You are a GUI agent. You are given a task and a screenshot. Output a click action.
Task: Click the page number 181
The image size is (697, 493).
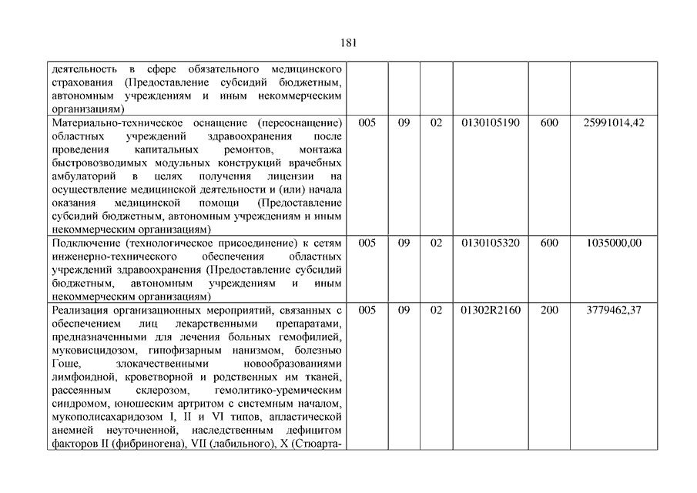click(348, 43)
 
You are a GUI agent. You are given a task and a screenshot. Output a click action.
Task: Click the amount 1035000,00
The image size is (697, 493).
click(614, 243)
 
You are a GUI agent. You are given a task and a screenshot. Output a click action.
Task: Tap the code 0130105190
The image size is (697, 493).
click(491, 123)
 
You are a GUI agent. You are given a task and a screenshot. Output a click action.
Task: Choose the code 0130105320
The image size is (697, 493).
click(491, 243)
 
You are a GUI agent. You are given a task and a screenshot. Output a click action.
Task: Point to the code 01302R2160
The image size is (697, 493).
click(491, 310)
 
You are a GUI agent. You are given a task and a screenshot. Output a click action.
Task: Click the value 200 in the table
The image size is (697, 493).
click(549, 310)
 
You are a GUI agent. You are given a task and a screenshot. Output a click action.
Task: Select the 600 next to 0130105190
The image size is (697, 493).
click(549, 123)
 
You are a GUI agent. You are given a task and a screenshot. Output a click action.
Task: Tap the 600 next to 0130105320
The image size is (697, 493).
click(549, 243)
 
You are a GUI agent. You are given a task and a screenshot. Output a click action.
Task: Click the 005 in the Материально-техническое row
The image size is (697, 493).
click(367, 123)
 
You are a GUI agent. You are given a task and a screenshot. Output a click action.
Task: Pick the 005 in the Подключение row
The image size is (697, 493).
click(367, 243)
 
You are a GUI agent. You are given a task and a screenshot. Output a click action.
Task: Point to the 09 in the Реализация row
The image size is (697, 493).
click(404, 310)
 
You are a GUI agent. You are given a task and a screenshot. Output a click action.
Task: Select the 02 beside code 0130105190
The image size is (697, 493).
click(436, 123)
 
